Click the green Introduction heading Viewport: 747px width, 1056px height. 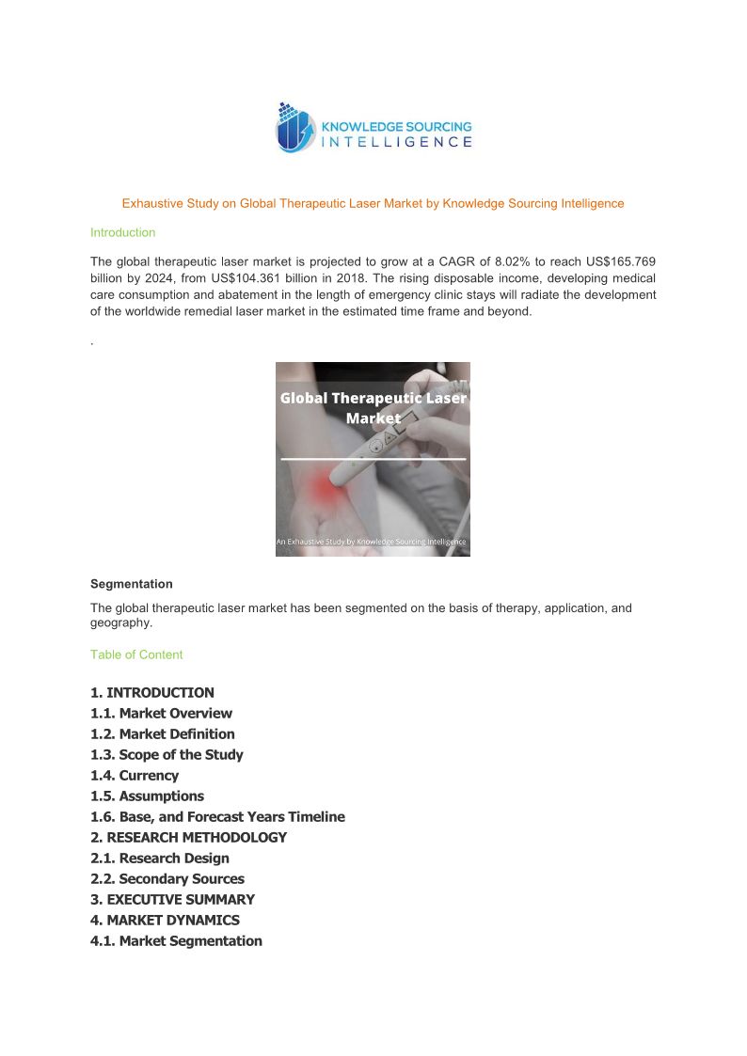coord(122,232)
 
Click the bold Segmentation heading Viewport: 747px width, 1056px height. coord(131,584)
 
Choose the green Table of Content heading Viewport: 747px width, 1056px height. coord(136,654)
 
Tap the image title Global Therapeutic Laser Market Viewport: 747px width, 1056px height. coord(373,408)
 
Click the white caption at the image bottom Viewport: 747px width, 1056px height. coord(373,542)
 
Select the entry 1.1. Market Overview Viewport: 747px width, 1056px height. coord(161,714)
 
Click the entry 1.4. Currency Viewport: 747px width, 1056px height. coord(135,776)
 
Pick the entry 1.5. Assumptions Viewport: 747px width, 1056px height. coord(147,796)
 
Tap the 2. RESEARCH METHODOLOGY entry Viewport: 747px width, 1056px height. coord(188,838)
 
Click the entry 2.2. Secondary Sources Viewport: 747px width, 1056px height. coord(167,879)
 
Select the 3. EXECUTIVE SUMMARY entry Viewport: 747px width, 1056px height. coord(172,900)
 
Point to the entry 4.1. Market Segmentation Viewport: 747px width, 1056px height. coord(176,941)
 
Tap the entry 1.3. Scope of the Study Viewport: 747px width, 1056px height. coord(167,755)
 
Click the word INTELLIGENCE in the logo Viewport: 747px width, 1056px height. coord(396,142)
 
